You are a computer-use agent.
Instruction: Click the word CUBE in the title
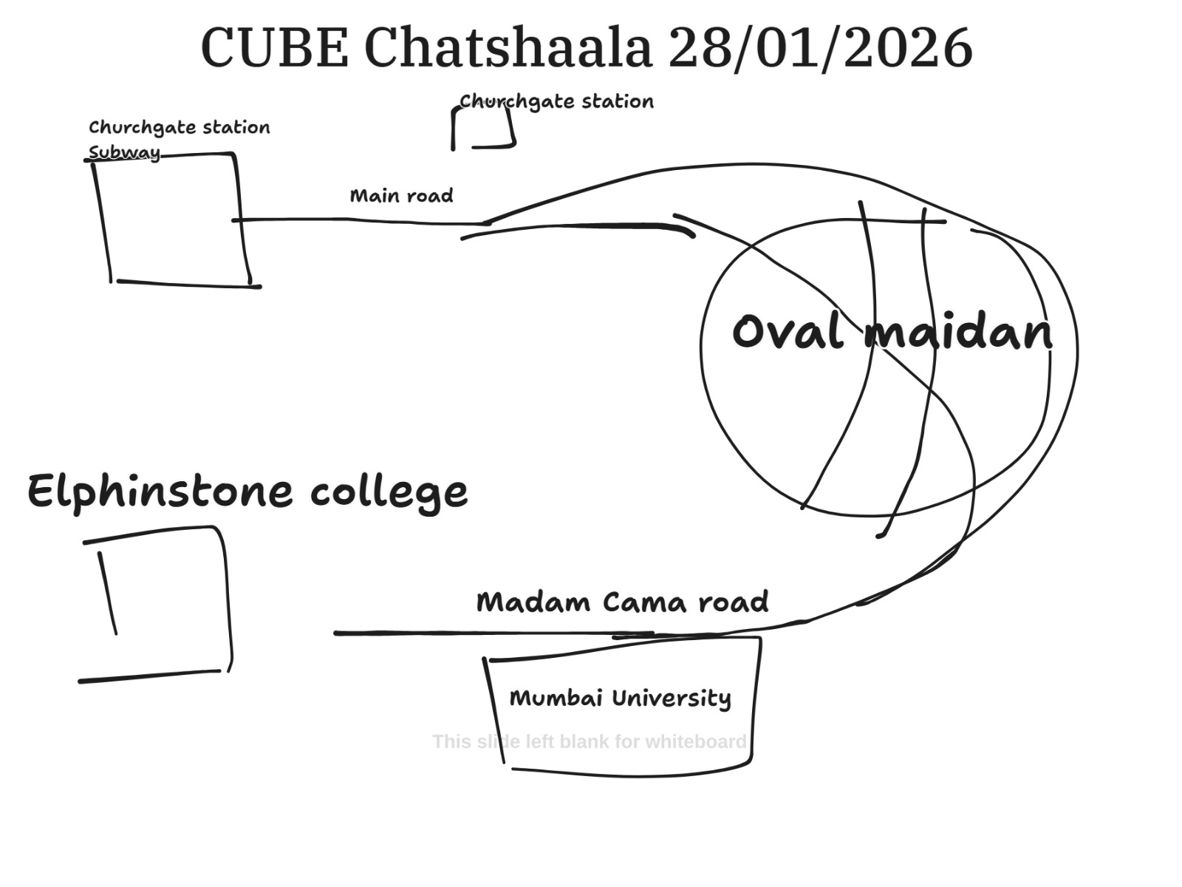274,48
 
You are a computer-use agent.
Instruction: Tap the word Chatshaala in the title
508,48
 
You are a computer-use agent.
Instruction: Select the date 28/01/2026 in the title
820,48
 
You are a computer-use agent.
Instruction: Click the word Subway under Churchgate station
124,153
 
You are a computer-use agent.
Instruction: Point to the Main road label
401,196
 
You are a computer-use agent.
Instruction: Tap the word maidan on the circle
958,333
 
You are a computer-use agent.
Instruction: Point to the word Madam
533,602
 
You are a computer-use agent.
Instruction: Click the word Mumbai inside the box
556,698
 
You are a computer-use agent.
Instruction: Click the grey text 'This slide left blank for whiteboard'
589,741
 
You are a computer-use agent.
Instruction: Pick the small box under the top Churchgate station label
483,129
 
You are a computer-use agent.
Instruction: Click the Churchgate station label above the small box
556,101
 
